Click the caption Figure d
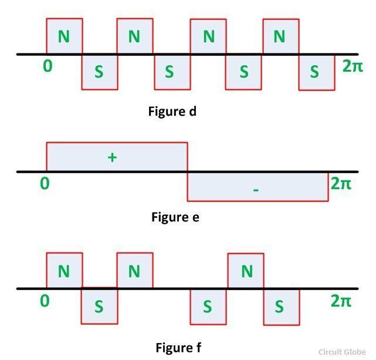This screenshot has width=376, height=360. (x=172, y=111)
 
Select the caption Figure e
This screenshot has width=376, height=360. (x=175, y=217)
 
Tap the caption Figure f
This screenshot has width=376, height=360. (x=178, y=348)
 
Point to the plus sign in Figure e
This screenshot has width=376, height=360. (x=113, y=157)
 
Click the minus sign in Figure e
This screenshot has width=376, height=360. (x=256, y=190)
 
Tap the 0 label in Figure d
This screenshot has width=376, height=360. (x=48, y=66)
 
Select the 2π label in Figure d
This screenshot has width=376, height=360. (x=353, y=66)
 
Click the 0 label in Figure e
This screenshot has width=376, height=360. (x=45, y=183)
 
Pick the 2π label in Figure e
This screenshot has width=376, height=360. (x=341, y=183)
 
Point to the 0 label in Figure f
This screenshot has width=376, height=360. (x=45, y=301)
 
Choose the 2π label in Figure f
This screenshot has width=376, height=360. (x=341, y=301)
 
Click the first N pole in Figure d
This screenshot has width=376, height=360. (x=64, y=36)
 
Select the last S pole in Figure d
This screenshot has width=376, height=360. (x=315, y=72)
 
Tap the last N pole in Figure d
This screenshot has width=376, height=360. (x=280, y=36)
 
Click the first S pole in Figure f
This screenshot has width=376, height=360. (x=99, y=307)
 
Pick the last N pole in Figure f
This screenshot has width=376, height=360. (x=246, y=271)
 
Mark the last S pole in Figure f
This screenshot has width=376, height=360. (x=280, y=307)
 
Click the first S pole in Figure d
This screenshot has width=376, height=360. (x=99, y=72)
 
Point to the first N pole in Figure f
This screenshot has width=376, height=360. (x=64, y=271)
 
